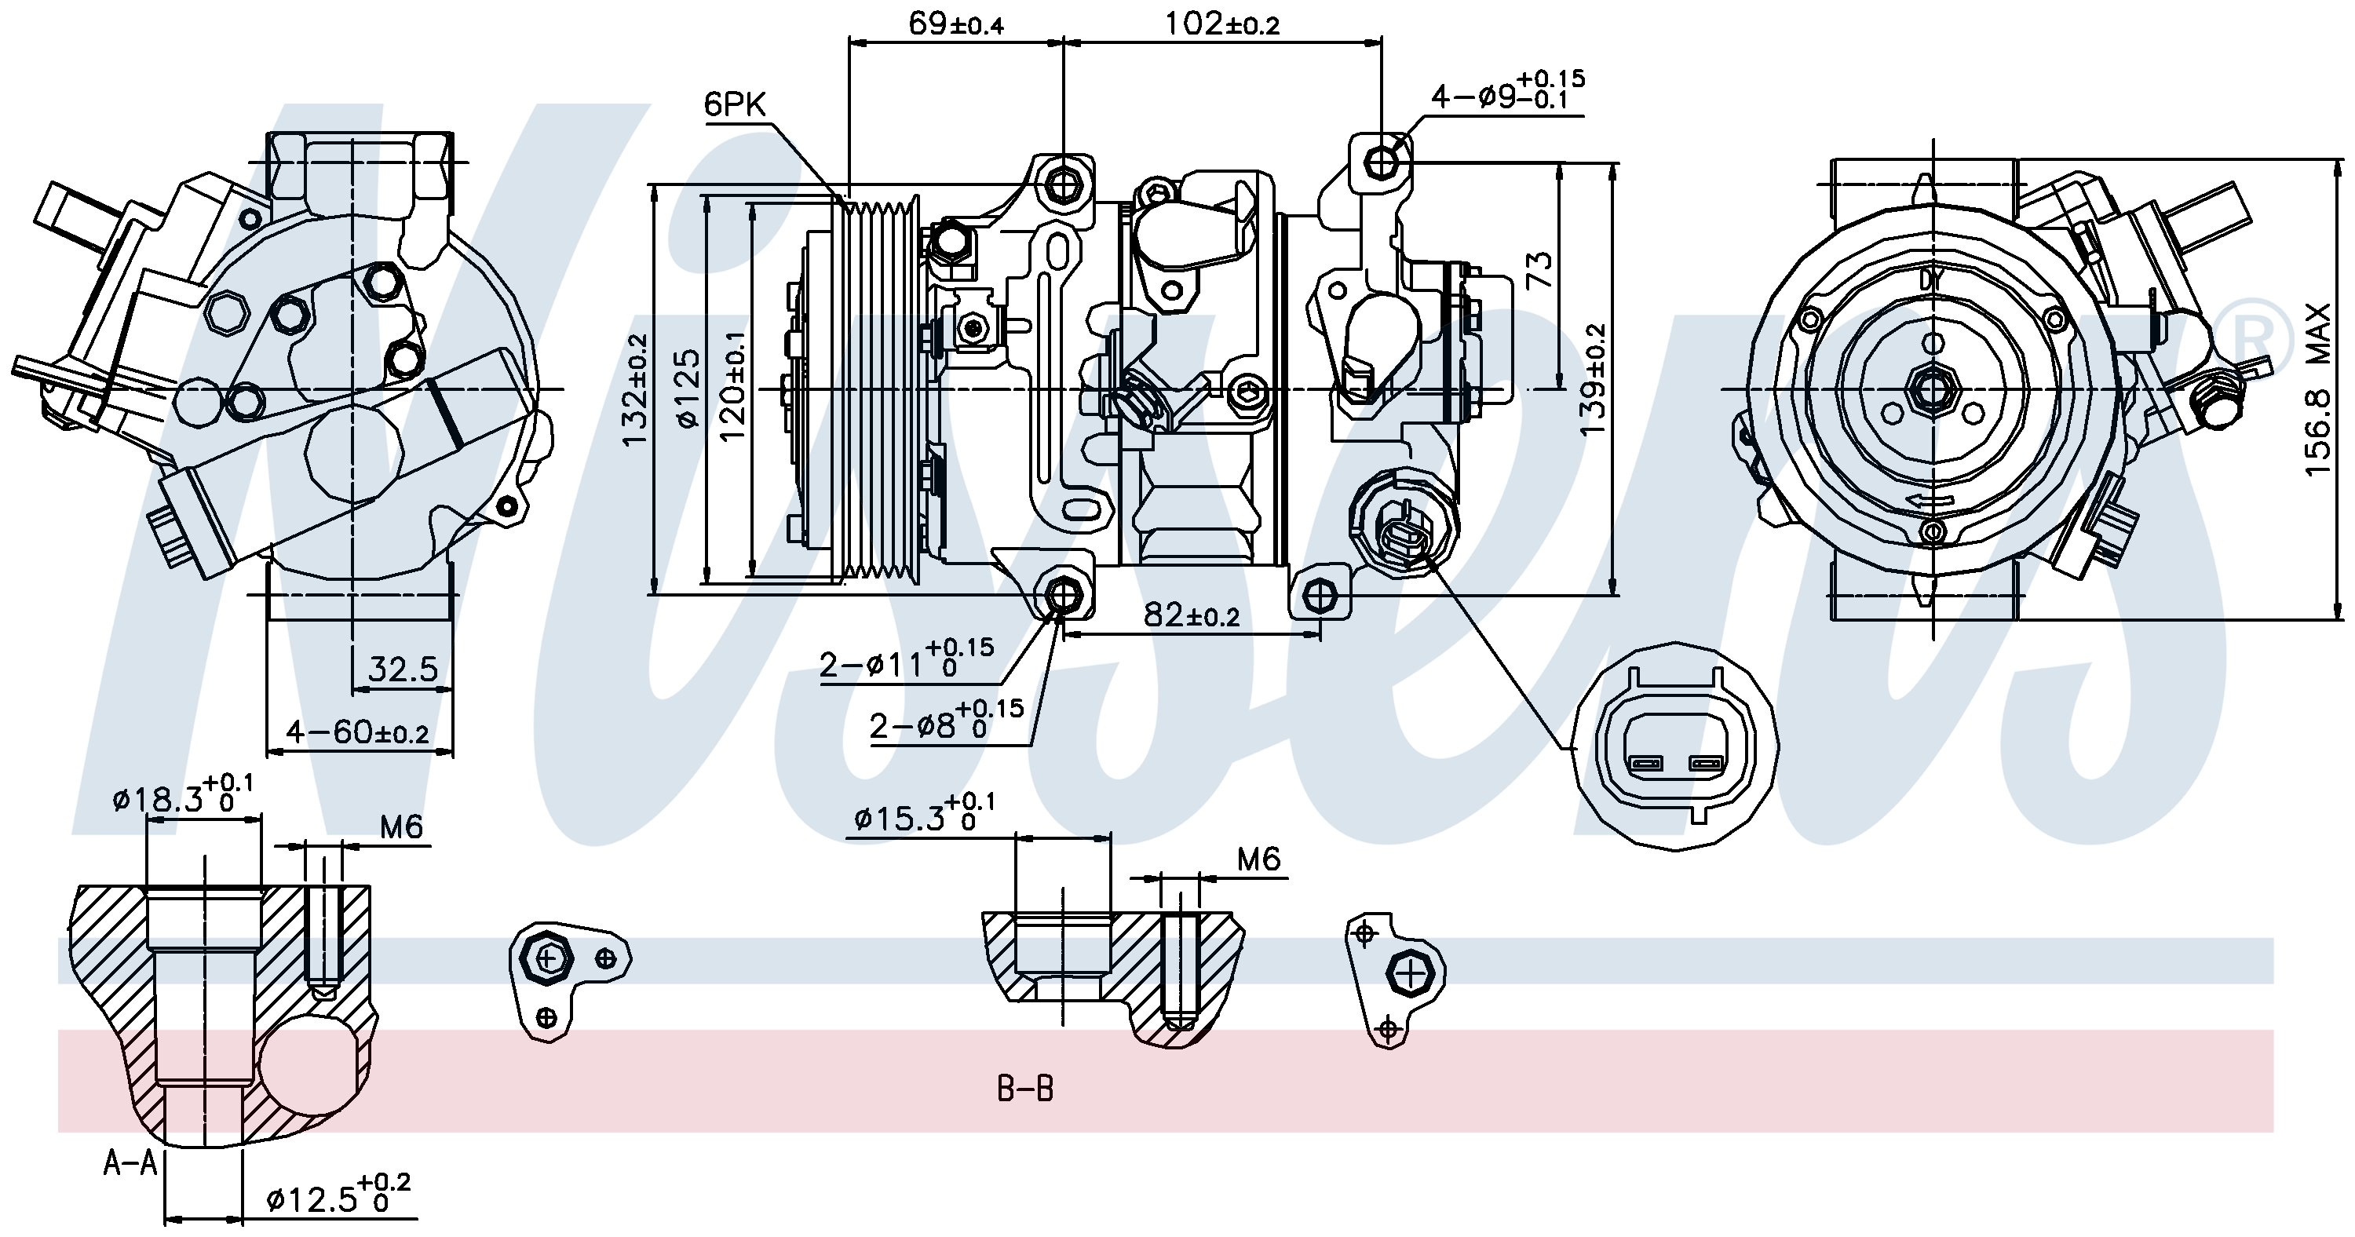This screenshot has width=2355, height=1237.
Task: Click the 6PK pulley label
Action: [x=734, y=105]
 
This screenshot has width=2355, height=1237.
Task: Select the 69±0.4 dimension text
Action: [x=955, y=24]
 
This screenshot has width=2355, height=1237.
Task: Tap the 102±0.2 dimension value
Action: [x=1221, y=24]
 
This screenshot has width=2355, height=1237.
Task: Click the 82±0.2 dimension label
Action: [x=1191, y=615]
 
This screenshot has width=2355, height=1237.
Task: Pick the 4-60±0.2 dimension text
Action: [x=357, y=732]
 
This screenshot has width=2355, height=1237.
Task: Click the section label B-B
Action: [x=1025, y=1089]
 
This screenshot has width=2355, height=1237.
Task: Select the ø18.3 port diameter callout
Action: [x=183, y=799]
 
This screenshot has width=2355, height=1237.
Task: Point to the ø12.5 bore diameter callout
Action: [x=338, y=1198]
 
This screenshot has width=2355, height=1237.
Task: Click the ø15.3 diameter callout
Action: [x=923, y=816]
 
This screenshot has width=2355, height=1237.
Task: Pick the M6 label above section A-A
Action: [x=400, y=827]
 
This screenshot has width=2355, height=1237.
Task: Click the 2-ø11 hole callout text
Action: [x=905, y=662]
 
